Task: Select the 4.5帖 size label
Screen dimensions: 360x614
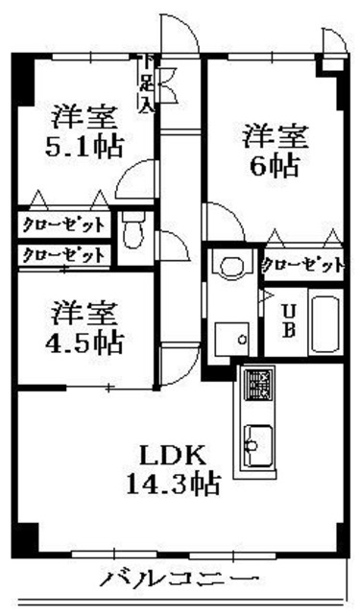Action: [84, 342]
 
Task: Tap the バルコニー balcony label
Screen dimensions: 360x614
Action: [180, 580]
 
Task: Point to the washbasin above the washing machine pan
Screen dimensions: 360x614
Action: [229, 265]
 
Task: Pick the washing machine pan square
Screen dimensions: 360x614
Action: [229, 337]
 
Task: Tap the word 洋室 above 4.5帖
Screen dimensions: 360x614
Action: [84, 313]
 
